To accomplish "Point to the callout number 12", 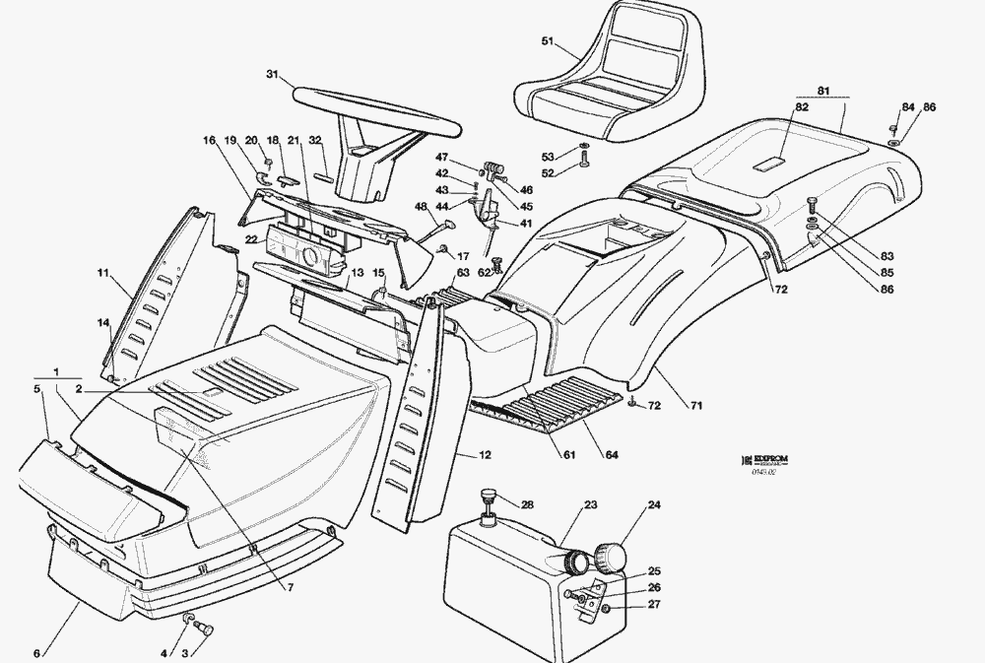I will tap(486, 455).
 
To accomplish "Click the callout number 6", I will tap(37, 653).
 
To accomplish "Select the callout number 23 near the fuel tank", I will tap(590, 505).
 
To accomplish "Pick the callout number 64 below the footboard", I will tap(612, 454).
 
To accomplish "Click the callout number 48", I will tap(421, 207).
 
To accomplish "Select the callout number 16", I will tap(209, 141).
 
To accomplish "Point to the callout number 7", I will tap(291, 588).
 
